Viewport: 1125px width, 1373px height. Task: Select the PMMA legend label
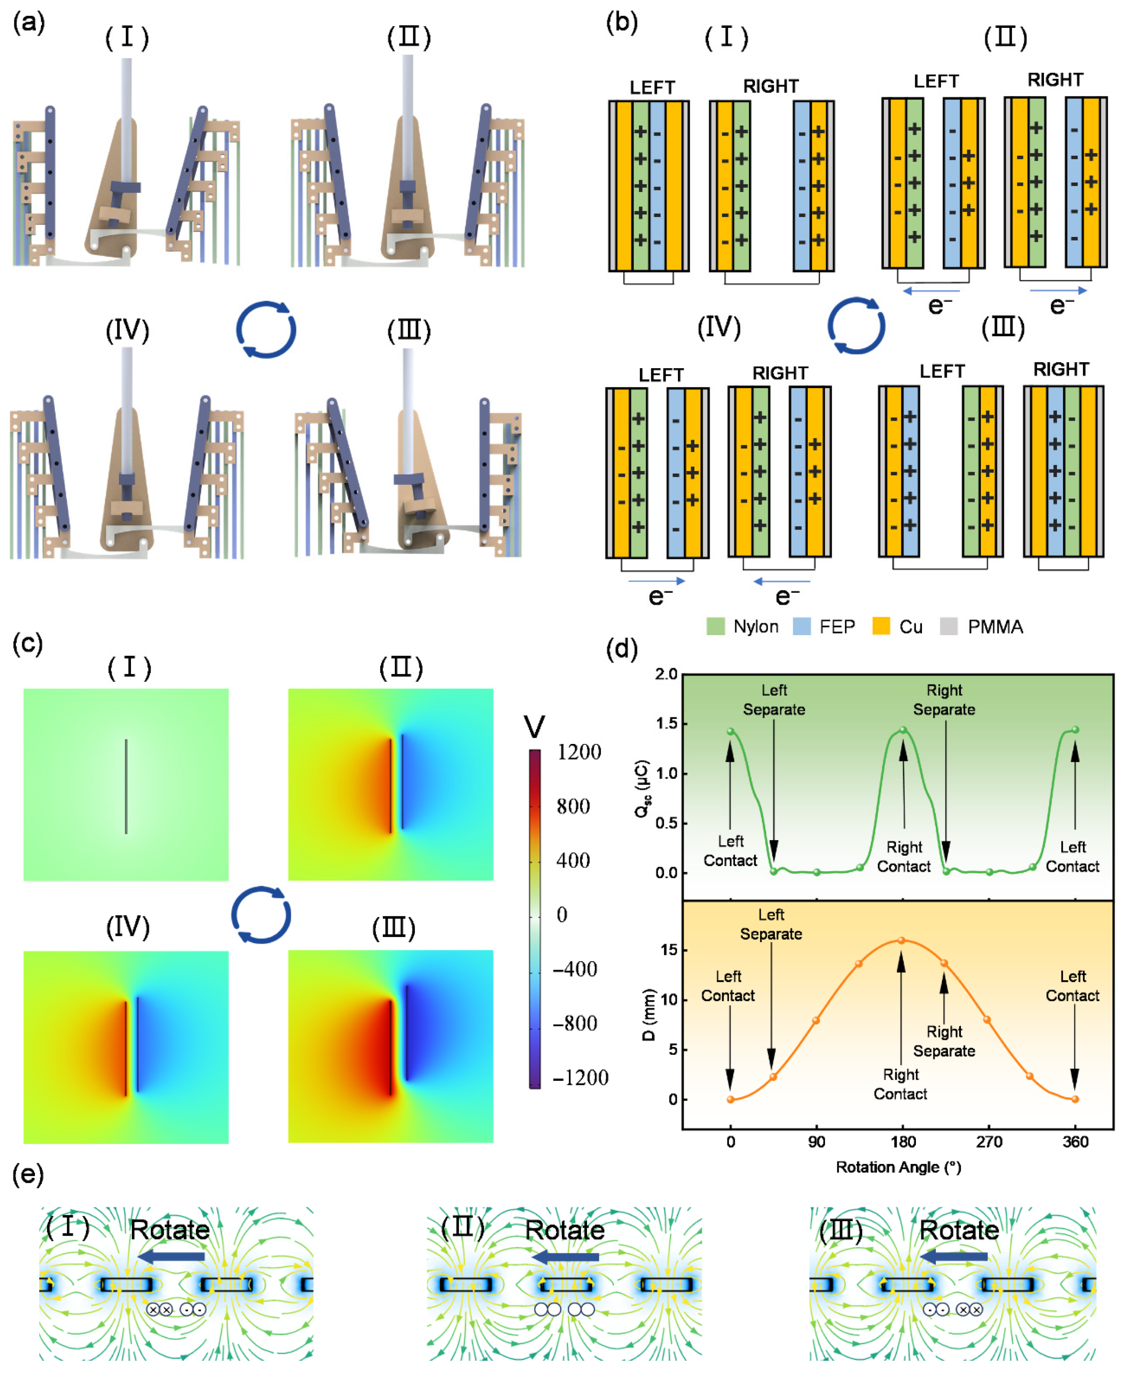(995, 627)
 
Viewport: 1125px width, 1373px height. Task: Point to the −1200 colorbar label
(580, 1078)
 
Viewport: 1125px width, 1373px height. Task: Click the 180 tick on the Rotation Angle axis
(903, 1142)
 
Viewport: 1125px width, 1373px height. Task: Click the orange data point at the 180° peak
(901, 940)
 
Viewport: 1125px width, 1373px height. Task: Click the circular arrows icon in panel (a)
(266, 329)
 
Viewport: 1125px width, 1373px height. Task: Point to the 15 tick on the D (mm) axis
(669, 950)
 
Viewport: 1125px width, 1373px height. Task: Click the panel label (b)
(621, 23)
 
